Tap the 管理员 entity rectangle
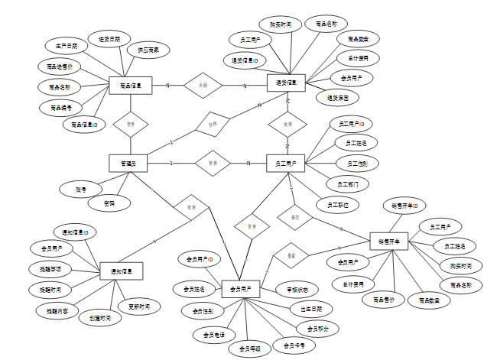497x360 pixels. (x=128, y=163)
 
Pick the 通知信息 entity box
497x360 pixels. (x=121, y=270)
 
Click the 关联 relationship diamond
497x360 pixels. (x=203, y=85)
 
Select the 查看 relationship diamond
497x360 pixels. (x=291, y=255)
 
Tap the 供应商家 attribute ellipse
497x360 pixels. (x=148, y=50)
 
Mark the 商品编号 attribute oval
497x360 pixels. (x=62, y=108)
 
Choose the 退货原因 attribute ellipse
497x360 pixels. (x=337, y=98)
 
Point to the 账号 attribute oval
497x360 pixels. (x=80, y=188)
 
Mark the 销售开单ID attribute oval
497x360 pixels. (x=404, y=206)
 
